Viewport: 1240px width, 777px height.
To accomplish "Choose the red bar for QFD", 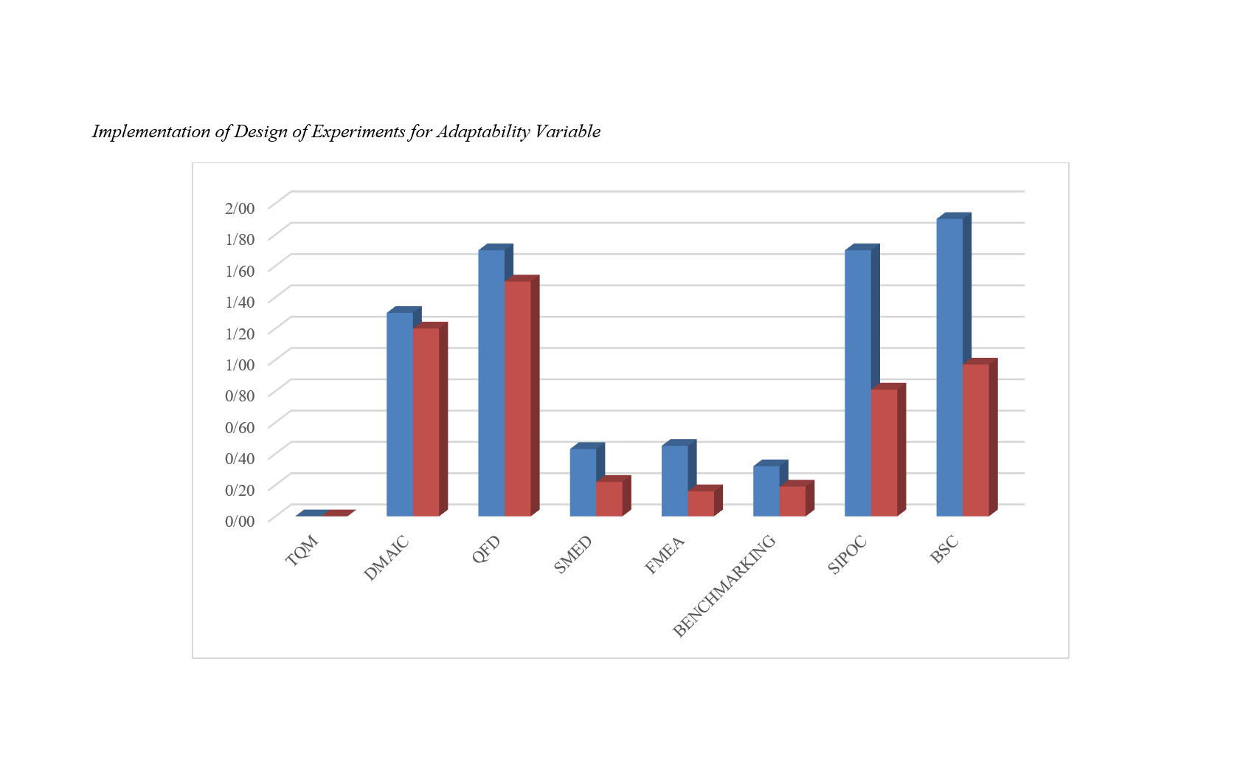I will tap(517, 398).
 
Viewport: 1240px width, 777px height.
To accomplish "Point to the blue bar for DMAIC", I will tap(400, 414).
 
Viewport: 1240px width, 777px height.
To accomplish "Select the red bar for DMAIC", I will tap(426, 421).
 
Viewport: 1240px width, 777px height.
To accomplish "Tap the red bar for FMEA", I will tap(701, 503).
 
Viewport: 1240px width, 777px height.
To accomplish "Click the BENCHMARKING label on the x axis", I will tap(724, 586).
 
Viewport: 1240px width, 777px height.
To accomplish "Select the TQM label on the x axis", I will tap(302, 550).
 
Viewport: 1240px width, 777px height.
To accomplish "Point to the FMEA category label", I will tap(665, 555).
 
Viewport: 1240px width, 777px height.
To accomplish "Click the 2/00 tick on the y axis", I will tap(240, 208).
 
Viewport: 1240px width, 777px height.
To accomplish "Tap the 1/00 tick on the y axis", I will tap(240, 365).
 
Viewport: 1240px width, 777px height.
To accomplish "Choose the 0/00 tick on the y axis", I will tap(240, 521).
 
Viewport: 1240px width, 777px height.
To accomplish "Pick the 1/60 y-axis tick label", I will tap(240, 271).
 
